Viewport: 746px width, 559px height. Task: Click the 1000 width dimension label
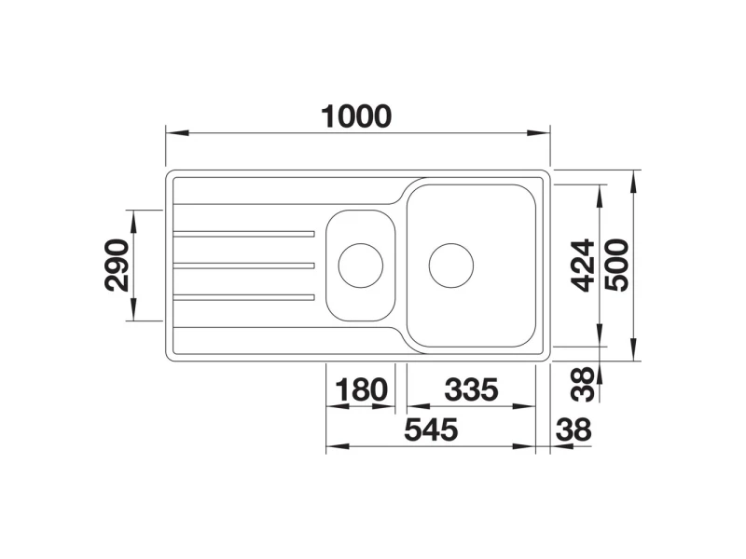pos(356,117)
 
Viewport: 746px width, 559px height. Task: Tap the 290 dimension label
pos(117,266)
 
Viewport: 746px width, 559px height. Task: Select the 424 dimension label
pos(584,266)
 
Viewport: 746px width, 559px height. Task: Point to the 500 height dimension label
pos(616,266)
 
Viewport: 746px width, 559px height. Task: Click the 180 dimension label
pos(362,389)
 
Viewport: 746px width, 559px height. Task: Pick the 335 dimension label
pos(472,389)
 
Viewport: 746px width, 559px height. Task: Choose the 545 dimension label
pos(431,429)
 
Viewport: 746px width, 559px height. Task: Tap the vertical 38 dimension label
pos(584,384)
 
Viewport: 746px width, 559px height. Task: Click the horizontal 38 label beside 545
pos(573,429)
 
